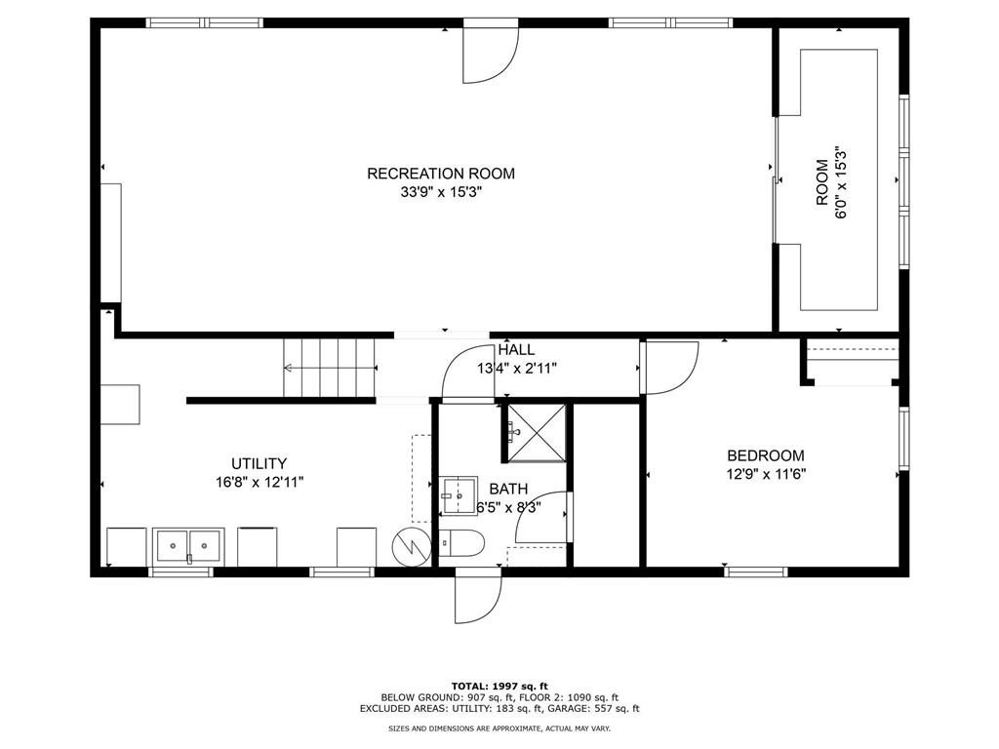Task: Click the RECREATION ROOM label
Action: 440,174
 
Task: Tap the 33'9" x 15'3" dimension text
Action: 440,192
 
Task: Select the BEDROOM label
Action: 766,455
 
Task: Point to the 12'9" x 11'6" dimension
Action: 766,474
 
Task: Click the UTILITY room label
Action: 259,463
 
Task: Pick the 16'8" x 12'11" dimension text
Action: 259,482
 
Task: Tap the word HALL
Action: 516,350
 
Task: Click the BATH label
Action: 508,489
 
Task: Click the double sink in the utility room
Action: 188,545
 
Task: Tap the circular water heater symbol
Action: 410,547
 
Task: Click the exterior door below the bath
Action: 478,595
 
